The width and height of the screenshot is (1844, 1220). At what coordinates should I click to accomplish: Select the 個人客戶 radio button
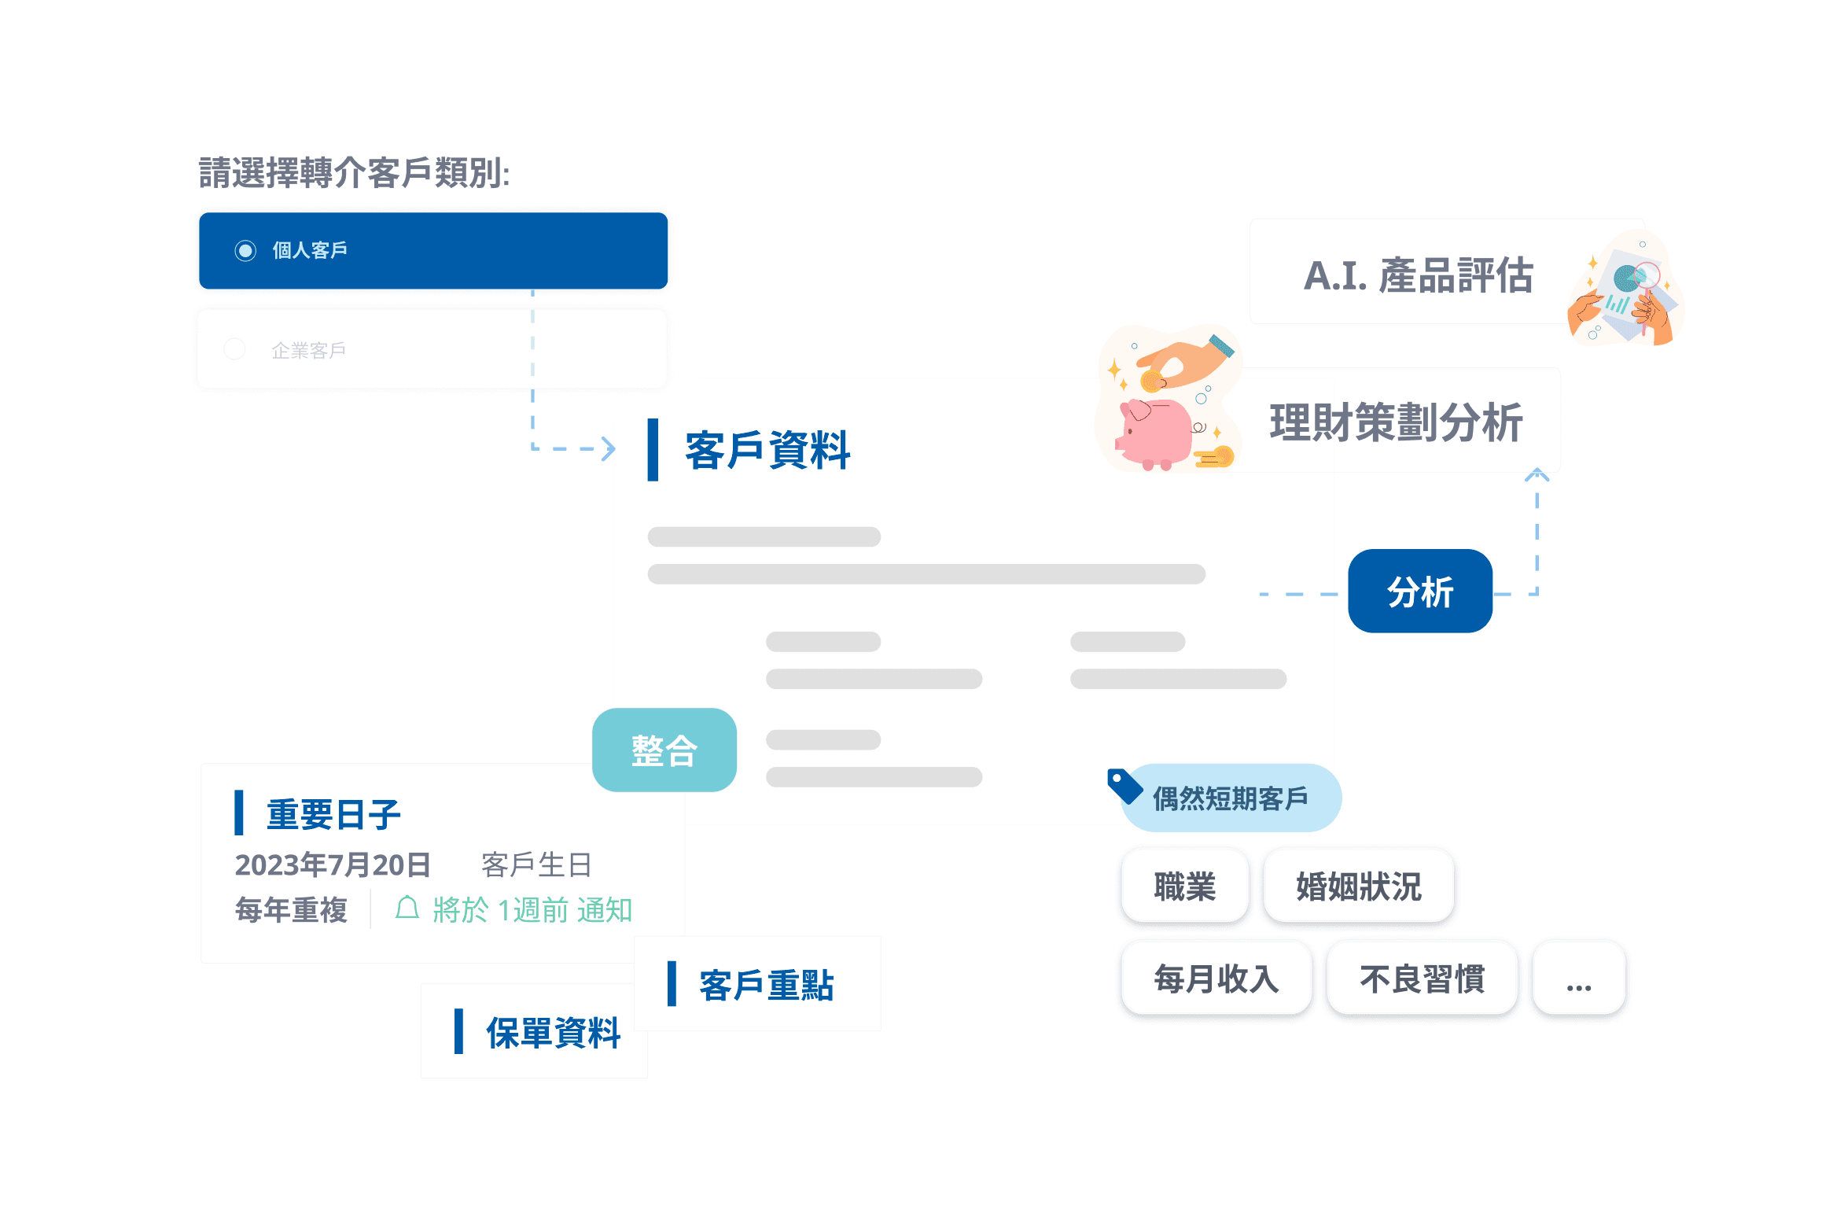point(245,251)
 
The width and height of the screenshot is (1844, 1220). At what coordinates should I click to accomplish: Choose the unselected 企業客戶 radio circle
point(234,349)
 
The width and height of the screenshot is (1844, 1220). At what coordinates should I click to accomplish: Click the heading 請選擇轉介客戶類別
point(354,173)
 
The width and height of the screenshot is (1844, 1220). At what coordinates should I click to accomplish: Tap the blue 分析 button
point(1419,592)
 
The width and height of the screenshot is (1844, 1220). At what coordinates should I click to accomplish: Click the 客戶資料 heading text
point(767,451)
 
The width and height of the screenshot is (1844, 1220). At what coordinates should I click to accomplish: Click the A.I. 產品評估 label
point(1418,275)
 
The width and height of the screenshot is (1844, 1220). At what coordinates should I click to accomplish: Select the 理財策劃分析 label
point(1396,422)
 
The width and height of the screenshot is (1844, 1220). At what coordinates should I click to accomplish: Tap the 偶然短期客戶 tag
point(1230,798)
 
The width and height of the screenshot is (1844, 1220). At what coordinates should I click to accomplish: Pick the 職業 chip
point(1184,886)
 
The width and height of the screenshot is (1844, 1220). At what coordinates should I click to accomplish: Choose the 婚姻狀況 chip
point(1358,886)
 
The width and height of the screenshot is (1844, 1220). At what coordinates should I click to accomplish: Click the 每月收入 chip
point(1216,979)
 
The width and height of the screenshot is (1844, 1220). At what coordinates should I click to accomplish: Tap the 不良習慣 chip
point(1422,979)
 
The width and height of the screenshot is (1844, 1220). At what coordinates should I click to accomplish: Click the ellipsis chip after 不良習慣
point(1578,979)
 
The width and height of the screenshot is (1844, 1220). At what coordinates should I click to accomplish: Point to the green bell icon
point(407,908)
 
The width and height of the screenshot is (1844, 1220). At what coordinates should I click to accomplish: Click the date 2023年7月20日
point(333,864)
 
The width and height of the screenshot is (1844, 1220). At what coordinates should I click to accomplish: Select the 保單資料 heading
point(553,1033)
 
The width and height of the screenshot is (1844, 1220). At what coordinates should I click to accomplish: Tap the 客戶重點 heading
point(766,985)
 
